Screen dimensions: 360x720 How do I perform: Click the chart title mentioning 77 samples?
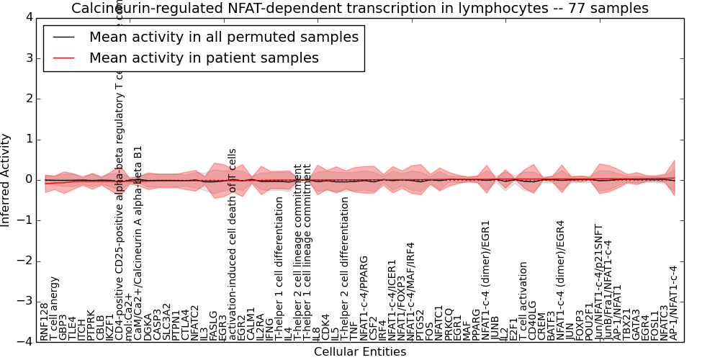359,8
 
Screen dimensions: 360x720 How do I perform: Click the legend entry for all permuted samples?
223,37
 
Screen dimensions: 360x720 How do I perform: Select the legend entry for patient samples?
204,58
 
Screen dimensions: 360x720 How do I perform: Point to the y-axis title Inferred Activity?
6,179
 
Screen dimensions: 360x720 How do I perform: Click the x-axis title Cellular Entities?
359,351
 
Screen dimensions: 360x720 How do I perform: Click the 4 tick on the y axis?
29,17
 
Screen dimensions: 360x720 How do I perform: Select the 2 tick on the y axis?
29,99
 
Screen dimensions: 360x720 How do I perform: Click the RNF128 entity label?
45,321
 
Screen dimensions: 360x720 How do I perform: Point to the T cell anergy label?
54,307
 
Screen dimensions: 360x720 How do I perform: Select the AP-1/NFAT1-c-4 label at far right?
674,302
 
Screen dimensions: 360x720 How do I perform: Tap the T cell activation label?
523,301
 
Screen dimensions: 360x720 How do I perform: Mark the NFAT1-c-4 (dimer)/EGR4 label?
561,279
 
